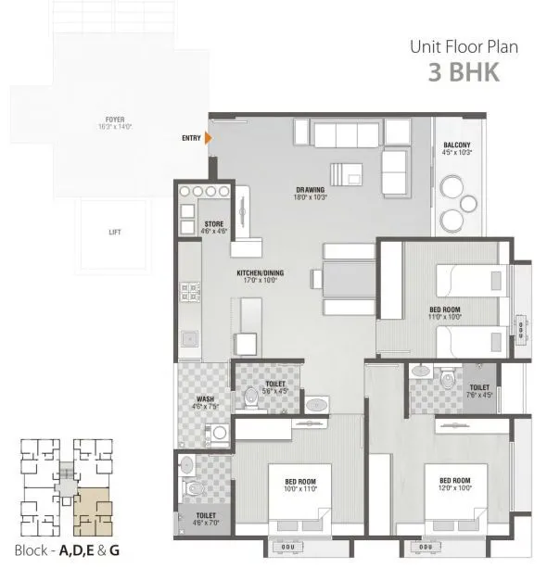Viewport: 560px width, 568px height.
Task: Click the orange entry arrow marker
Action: pos(208,139)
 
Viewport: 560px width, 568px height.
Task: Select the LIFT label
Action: pos(114,233)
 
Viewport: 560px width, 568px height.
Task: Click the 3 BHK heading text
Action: pos(464,73)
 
